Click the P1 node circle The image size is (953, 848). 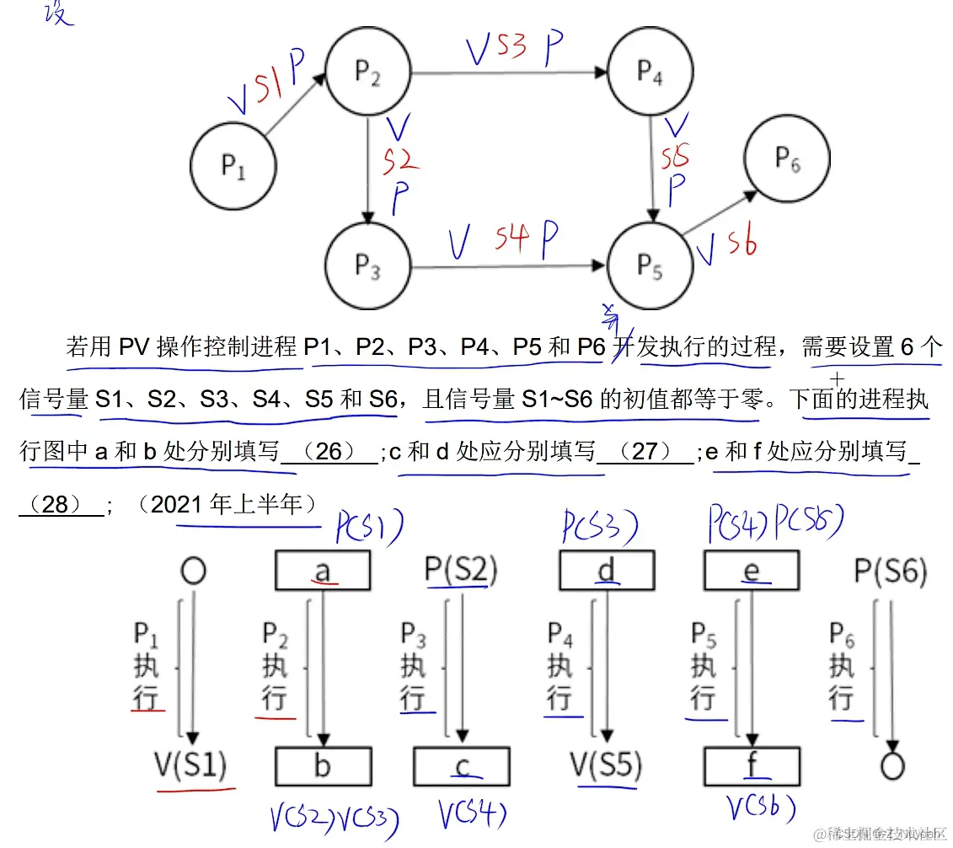(233, 165)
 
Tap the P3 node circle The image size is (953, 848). (367, 268)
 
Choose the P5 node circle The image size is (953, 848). (650, 268)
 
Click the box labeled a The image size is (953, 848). (323, 572)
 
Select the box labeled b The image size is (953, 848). (323, 766)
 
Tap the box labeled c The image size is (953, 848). (462, 766)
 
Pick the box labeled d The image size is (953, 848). (607, 572)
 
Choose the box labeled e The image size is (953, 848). (751, 572)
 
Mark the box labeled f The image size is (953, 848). (751, 766)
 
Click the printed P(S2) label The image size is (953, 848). (461, 571)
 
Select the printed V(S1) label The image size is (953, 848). (190, 766)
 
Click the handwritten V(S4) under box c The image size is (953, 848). (472, 814)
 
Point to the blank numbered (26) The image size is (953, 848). (329, 453)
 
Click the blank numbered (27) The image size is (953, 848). (645, 453)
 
